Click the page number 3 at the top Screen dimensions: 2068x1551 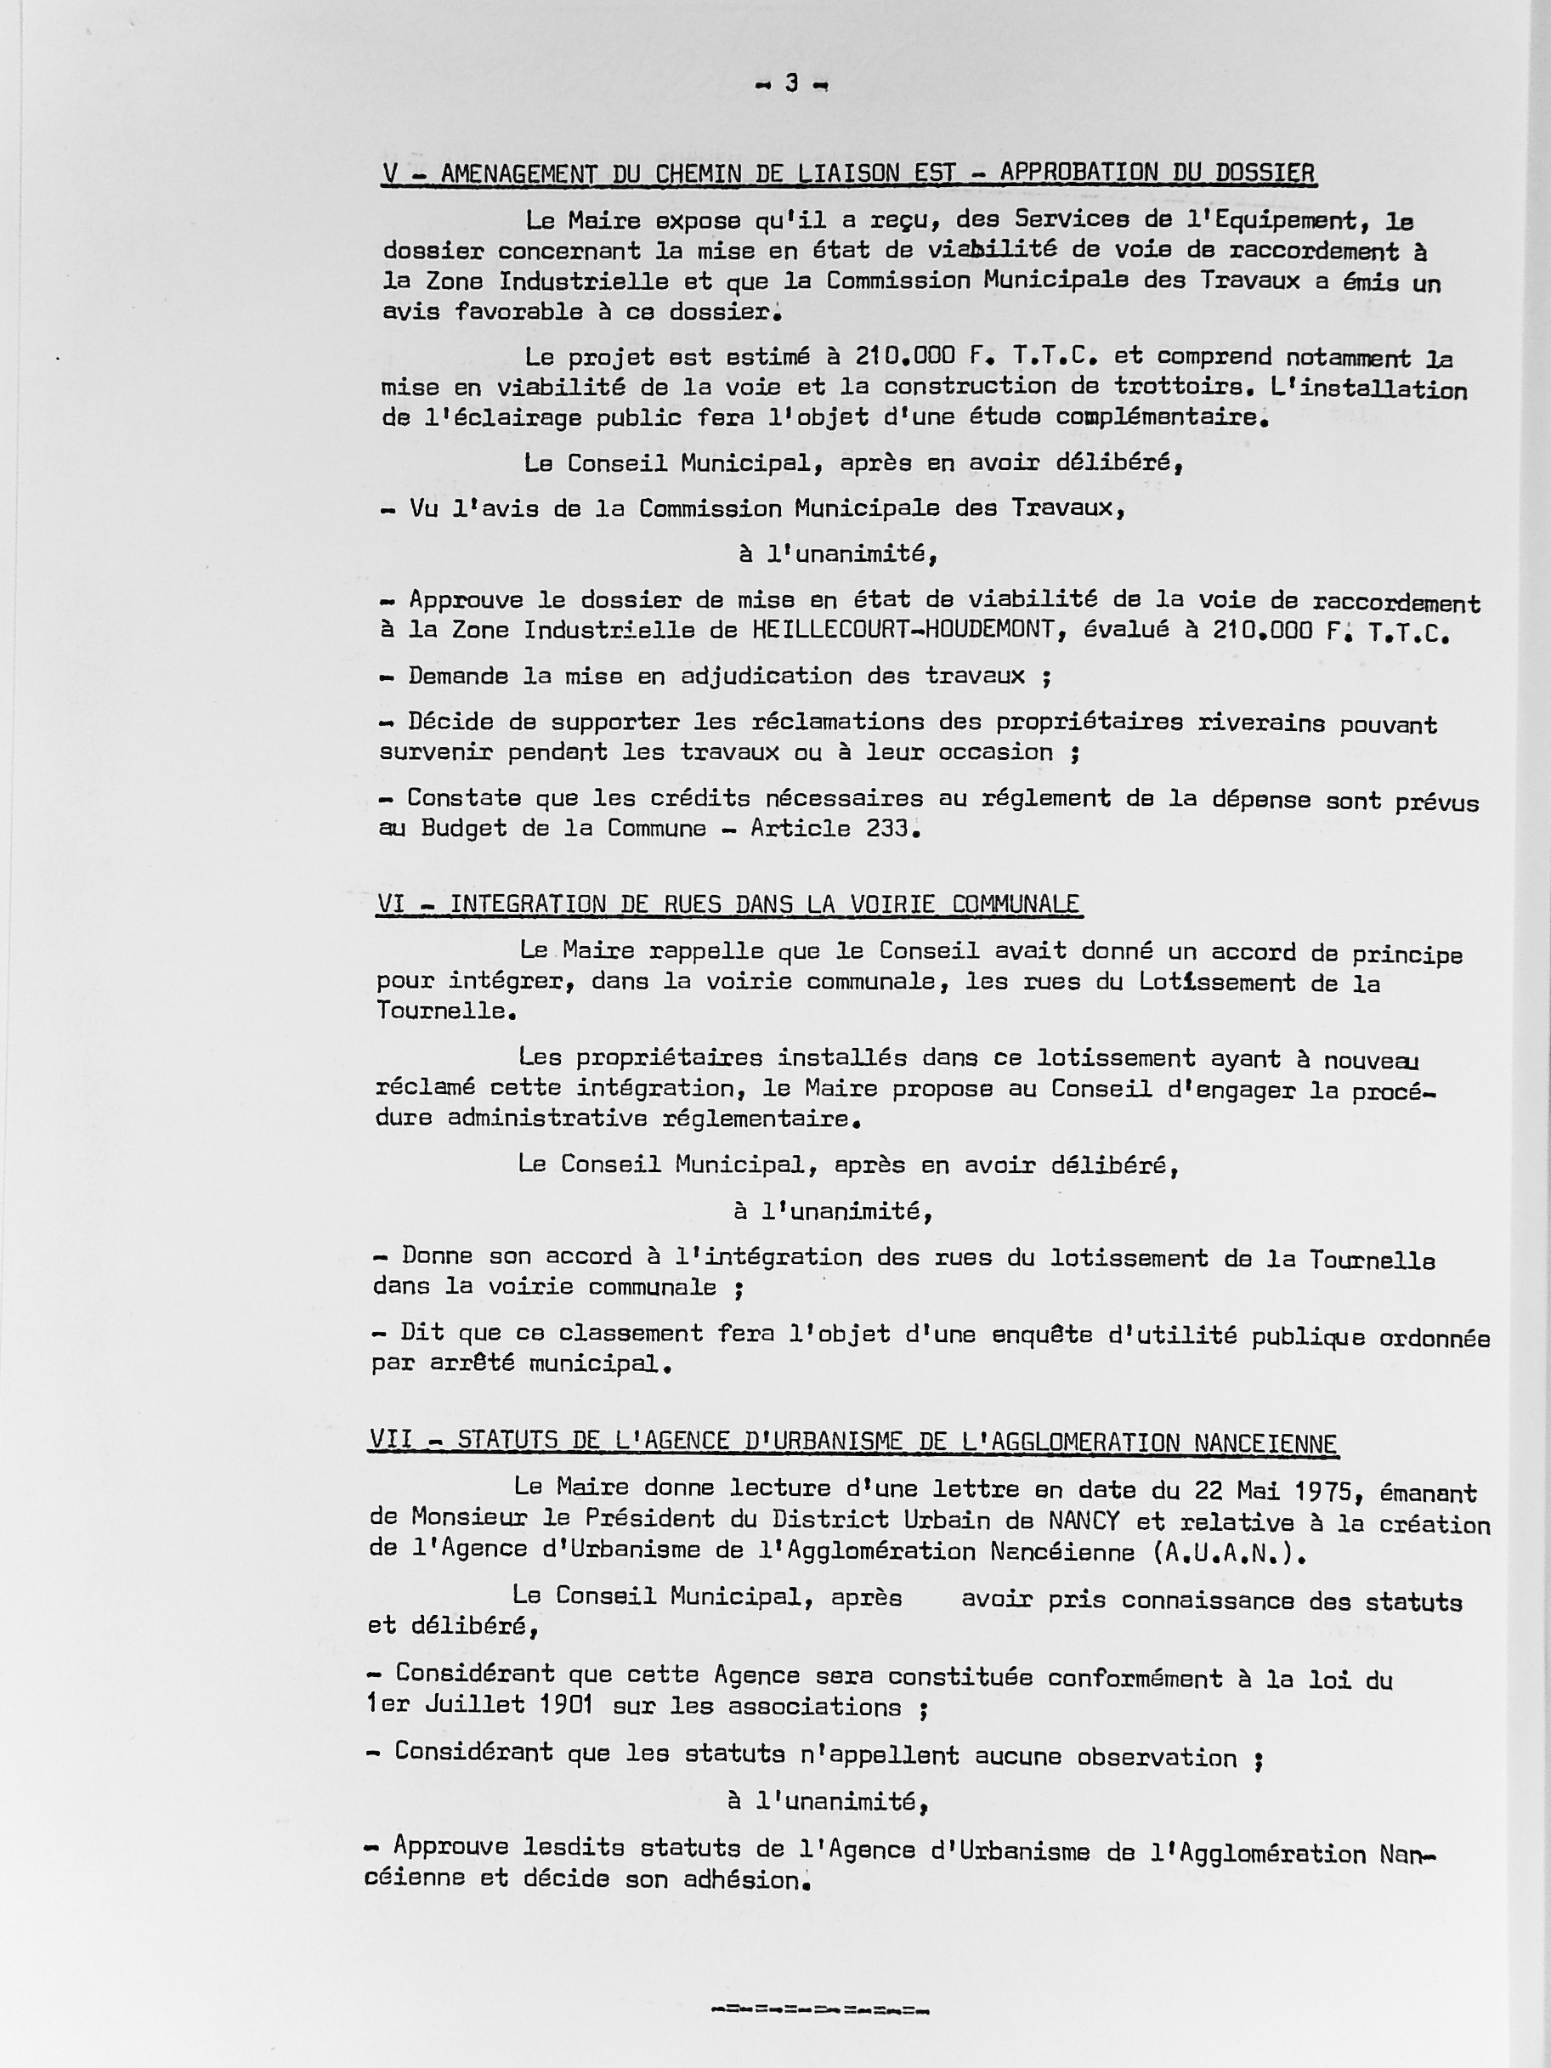[791, 84]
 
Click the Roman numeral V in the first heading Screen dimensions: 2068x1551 [388, 174]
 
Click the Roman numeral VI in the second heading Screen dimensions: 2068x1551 [392, 904]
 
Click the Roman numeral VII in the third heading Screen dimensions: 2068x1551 [392, 1441]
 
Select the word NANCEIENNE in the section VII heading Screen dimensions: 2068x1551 [1265, 1443]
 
